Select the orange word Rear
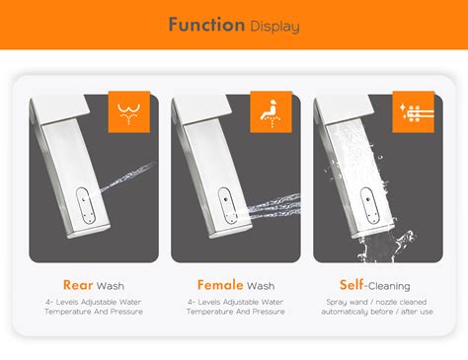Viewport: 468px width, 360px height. click(x=78, y=285)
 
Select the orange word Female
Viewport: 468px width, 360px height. click(x=220, y=285)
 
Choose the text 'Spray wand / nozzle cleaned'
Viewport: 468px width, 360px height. click(x=376, y=302)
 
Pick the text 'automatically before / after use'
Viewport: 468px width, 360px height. click(x=376, y=312)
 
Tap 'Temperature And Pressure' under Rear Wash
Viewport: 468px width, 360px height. click(x=94, y=312)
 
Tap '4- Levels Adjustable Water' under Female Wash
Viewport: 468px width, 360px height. click(x=235, y=302)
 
